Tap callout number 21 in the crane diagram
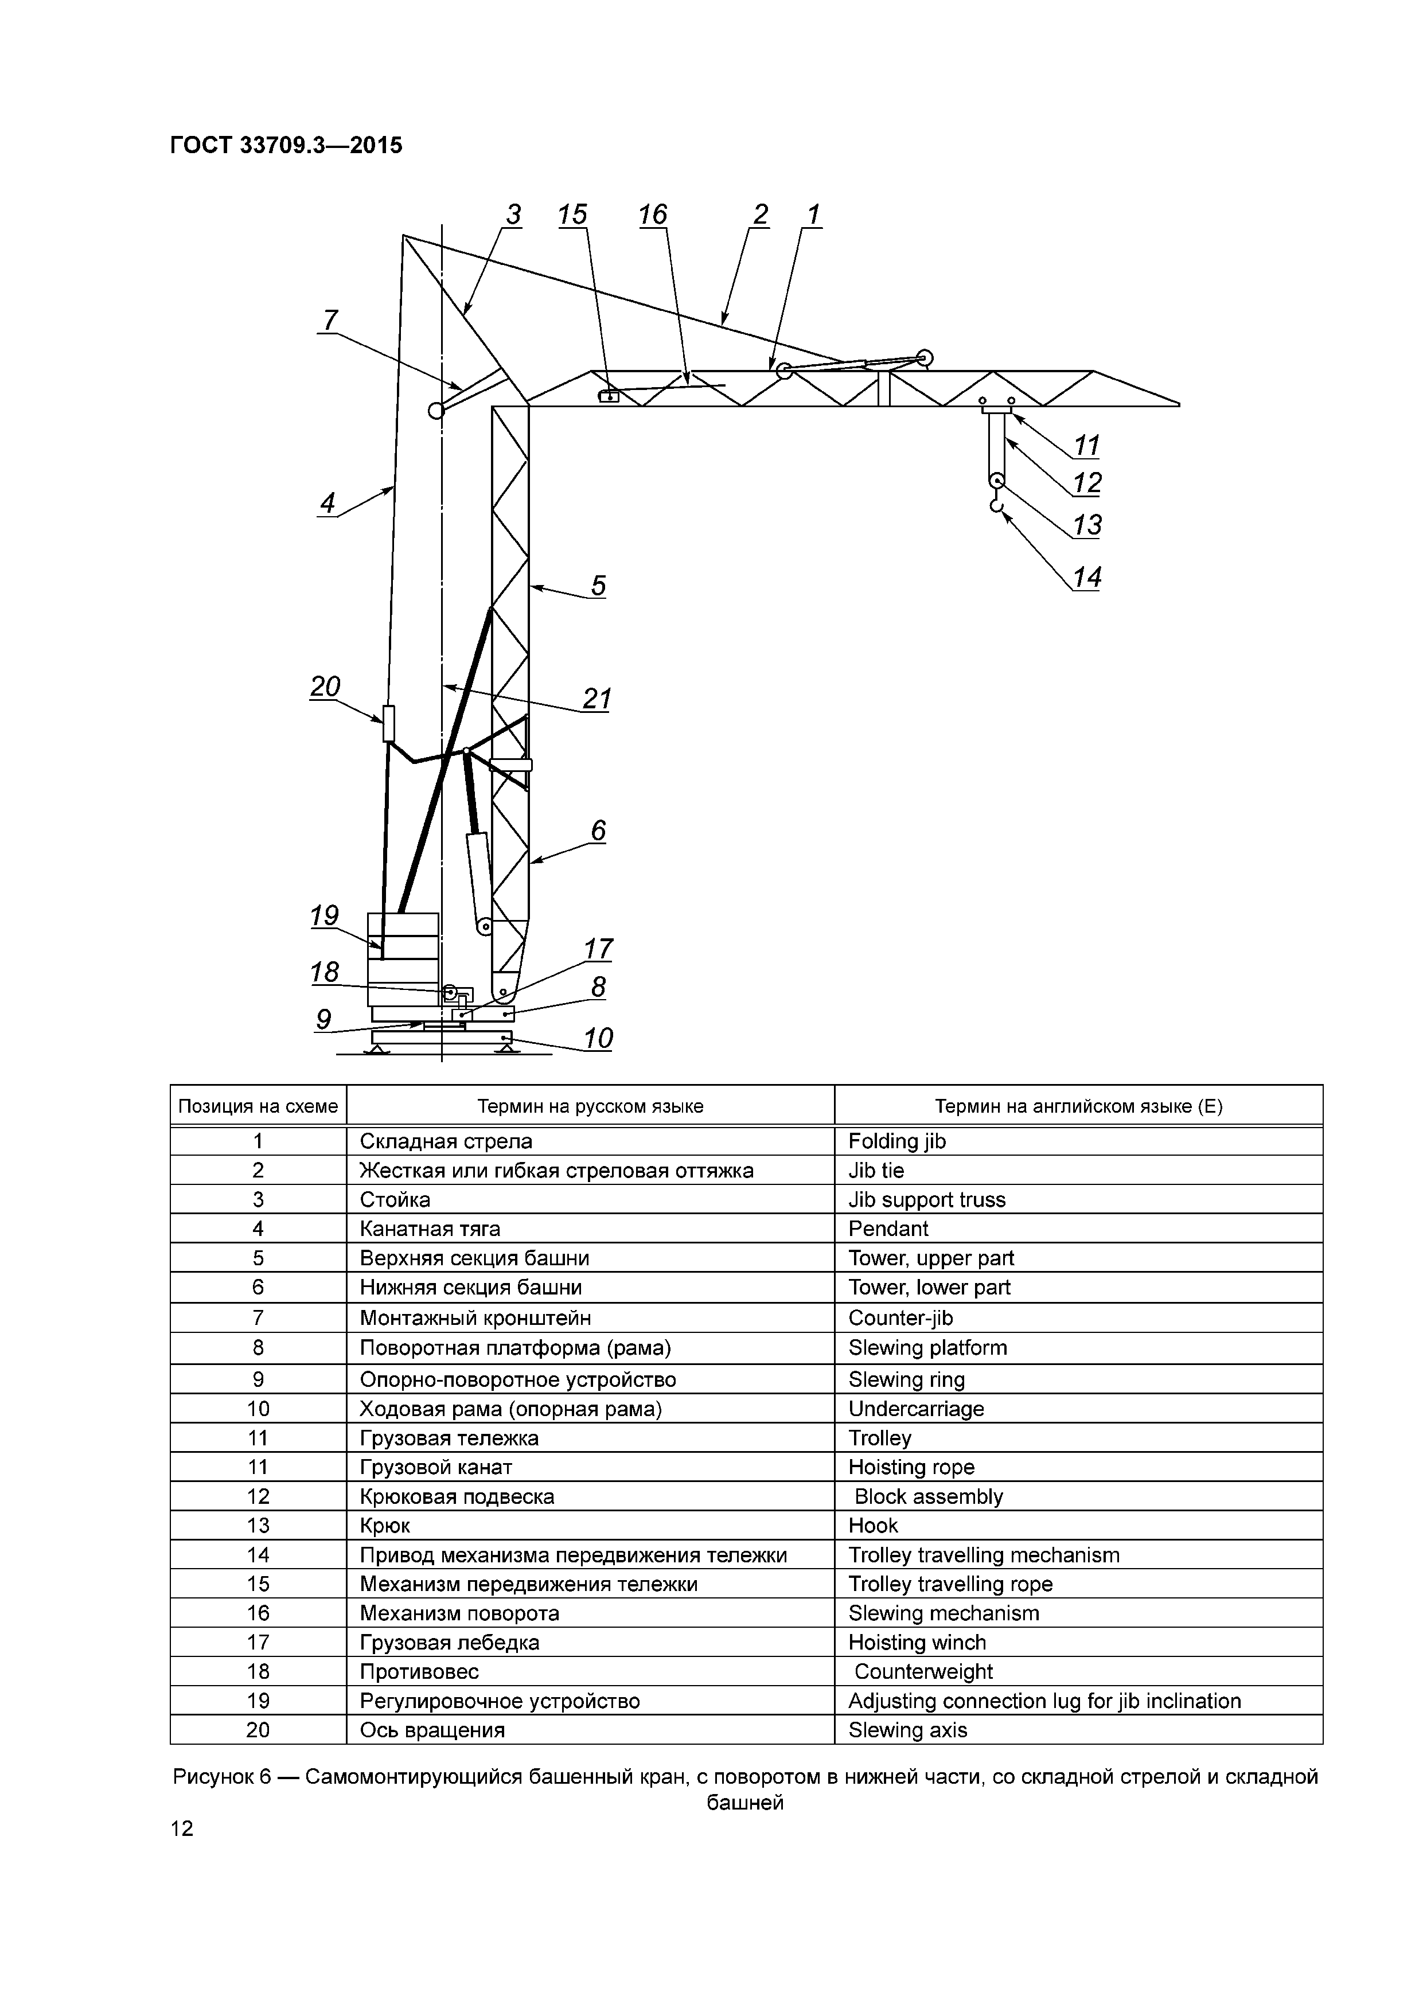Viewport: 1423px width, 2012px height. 597,699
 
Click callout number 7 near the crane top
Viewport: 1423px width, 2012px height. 329,321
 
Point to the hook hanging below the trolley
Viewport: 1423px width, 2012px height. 996,506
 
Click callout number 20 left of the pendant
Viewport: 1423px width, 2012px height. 325,686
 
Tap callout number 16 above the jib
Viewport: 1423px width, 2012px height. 653,215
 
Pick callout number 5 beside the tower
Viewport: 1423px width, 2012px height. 598,586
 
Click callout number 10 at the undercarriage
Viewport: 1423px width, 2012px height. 598,1039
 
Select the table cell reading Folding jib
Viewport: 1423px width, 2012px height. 897,1141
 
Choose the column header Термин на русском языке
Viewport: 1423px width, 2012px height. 590,1106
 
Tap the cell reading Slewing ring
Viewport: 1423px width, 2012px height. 906,1379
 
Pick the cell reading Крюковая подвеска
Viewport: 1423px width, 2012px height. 457,1496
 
